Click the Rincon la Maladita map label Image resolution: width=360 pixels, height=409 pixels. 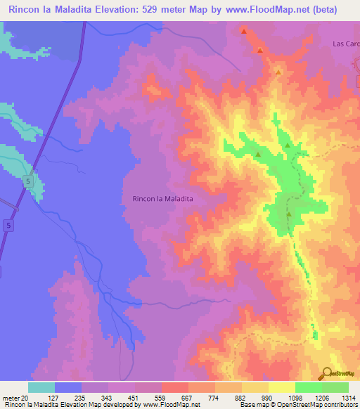(162, 199)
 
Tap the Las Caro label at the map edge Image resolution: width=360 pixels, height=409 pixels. (345, 44)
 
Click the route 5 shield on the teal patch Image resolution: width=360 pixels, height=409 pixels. (27, 181)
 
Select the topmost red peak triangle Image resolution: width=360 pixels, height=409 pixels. (244, 31)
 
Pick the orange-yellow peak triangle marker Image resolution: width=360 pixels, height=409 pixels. (278, 72)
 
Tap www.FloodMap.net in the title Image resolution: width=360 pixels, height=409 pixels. (264, 10)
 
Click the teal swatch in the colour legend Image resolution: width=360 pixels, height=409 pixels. (41, 387)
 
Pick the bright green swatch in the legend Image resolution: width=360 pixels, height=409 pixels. (309, 387)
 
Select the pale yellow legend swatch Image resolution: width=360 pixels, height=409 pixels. (282, 387)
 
